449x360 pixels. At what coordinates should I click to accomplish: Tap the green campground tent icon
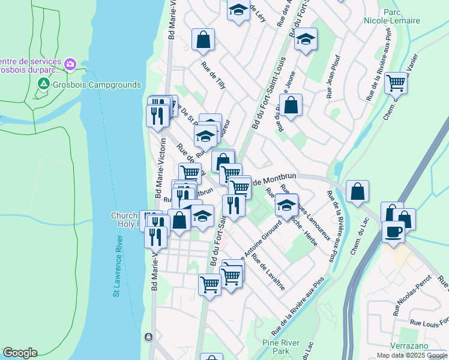[43, 85]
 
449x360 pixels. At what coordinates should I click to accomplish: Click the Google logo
[19, 353]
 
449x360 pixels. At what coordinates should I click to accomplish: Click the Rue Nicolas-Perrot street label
[413, 295]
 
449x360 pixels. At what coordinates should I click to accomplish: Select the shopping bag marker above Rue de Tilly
[203, 40]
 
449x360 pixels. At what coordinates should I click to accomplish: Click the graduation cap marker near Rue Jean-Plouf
[306, 39]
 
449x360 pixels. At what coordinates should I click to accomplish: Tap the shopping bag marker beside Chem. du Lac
[357, 191]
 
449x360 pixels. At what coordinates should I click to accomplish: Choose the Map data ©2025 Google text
[412, 355]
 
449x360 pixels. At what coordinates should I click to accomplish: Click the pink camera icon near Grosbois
[71, 64]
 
